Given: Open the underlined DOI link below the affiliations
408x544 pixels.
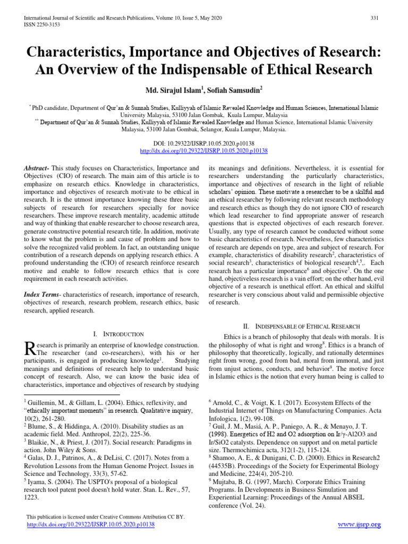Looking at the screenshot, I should (203, 151).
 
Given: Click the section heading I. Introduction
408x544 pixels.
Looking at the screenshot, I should (118, 334).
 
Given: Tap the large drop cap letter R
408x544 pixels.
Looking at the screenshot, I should (30, 348).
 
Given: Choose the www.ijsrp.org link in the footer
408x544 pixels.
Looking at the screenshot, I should (360, 525).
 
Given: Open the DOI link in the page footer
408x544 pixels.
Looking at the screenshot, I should (90, 524).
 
